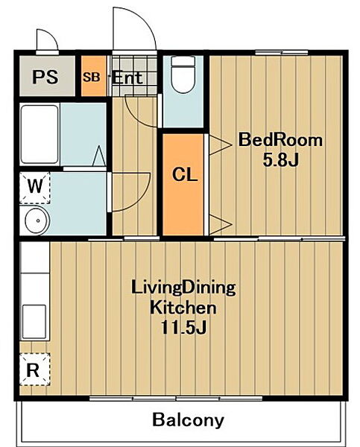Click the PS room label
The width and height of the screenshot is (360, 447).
point(45,77)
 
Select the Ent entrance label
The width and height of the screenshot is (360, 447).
point(127,77)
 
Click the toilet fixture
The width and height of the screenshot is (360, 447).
point(183,74)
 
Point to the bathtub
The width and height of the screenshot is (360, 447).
point(40,134)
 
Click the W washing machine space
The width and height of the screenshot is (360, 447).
point(35,187)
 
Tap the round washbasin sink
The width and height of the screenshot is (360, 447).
point(37,221)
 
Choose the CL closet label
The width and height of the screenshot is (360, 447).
point(185,174)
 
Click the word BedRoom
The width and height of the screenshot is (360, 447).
point(280,140)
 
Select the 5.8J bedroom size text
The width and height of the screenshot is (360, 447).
point(280,160)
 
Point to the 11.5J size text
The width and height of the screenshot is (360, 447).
point(183,327)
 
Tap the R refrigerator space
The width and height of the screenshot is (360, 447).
point(35,370)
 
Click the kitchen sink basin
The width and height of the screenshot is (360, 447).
point(34,322)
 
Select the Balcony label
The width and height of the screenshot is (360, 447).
point(188,420)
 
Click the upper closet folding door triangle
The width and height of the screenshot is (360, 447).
point(220,145)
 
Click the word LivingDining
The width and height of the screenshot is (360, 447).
point(183,289)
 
